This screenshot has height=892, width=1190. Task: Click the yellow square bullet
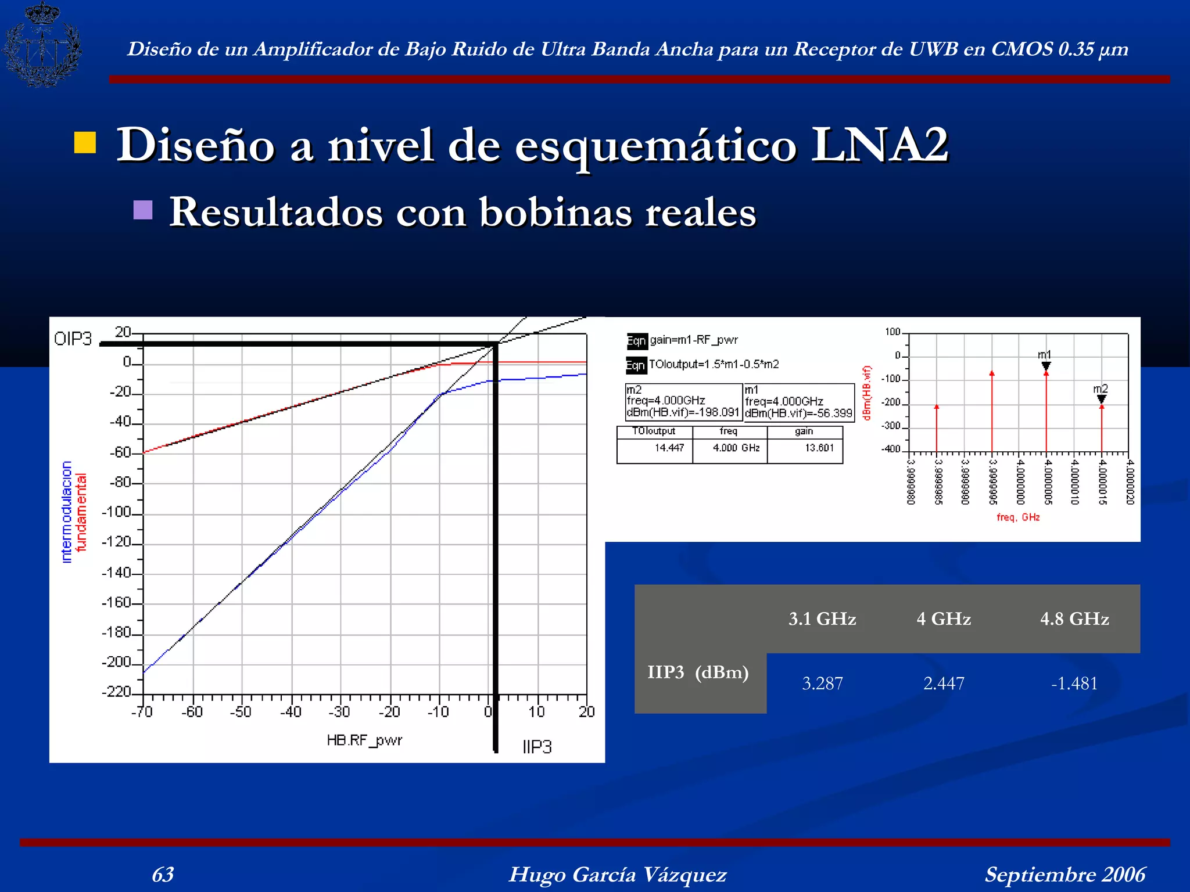pos(85,143)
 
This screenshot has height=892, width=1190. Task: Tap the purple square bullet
pos(143,210)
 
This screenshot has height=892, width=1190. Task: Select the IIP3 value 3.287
pos(822,684)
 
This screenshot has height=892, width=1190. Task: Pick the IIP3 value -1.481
pos(1074,684)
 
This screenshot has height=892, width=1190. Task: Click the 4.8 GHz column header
pos(1074,619)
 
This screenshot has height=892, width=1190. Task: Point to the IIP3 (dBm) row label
pos(698,672)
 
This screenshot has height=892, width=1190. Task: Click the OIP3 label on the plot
pos(73,339)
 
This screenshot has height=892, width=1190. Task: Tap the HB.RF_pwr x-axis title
pos(364,740)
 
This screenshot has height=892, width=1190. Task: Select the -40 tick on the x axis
pos(291,712)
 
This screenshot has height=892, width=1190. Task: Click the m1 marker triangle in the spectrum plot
pos(1046,366)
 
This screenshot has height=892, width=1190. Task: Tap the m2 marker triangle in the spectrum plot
pos(1101,399)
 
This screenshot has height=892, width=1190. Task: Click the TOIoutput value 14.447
pos(669,448)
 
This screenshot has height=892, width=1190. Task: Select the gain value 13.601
pos(819,448)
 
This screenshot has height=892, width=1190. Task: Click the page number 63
pos(163,875)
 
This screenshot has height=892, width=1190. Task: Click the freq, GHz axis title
pos(1018,517)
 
